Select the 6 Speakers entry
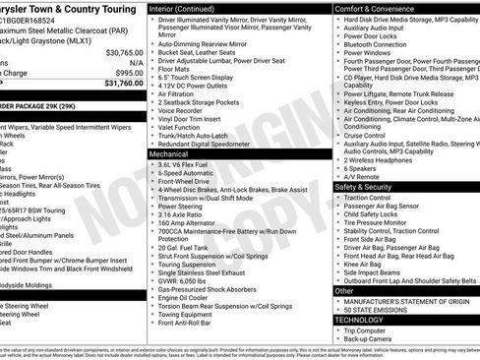pyautogui.click(x=361, y=166)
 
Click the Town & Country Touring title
pyautogui.click(x=69, y=7)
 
